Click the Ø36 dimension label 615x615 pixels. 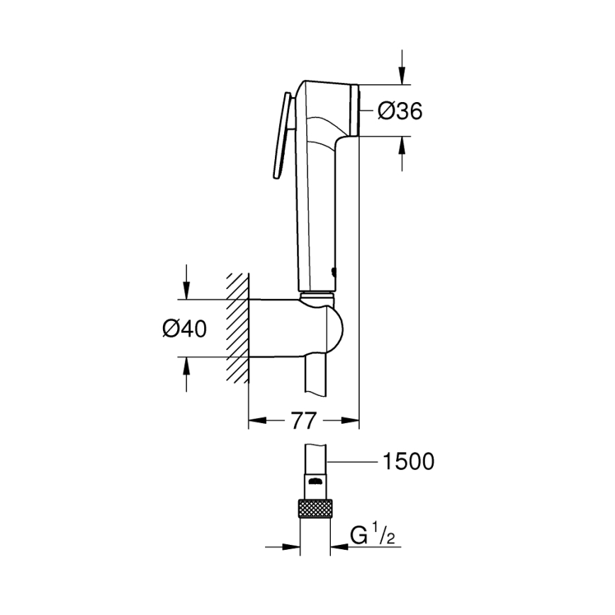pos(400,111)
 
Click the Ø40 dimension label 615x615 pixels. pos(186,328)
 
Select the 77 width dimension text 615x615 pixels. pos(303,420)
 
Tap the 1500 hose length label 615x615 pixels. pos(407,462)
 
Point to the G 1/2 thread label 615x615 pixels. pos(373,535)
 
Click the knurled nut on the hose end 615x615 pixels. pos(316,508)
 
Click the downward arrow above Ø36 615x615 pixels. pos(402,75)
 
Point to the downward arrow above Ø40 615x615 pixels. pos(186,288)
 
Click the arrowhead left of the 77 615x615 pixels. pos(258,420)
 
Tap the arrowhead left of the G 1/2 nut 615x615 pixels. pos(290,546)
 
